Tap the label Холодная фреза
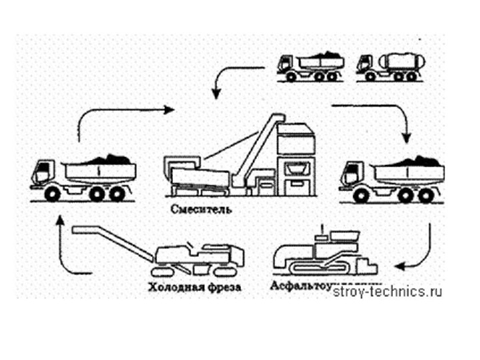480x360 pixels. [x=190, y=288]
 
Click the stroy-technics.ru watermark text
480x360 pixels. [x=387, y=291]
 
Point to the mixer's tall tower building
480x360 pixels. [x=293, y=160]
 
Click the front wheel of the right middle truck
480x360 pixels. [x=362, y=195]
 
